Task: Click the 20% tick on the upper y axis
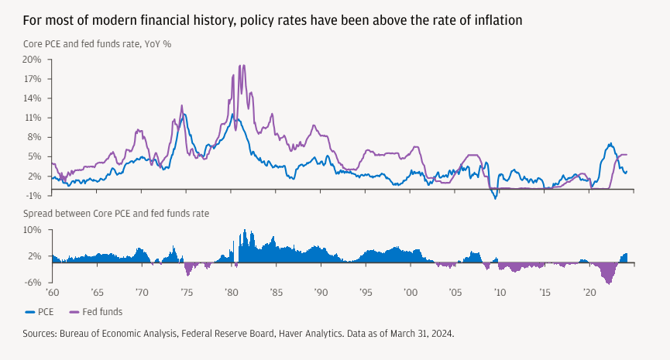(32, 59)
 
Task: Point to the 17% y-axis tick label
(32, 78)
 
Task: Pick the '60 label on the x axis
(53, 294)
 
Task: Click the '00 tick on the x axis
(411, 294)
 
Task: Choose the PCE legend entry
(41, 311)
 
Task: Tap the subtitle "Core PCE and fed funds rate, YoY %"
(97, 43)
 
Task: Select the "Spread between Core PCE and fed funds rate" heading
(116, 212)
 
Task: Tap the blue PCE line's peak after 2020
(610, 144)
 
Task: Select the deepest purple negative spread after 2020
(608, 281)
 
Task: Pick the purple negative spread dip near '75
(187, 274)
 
